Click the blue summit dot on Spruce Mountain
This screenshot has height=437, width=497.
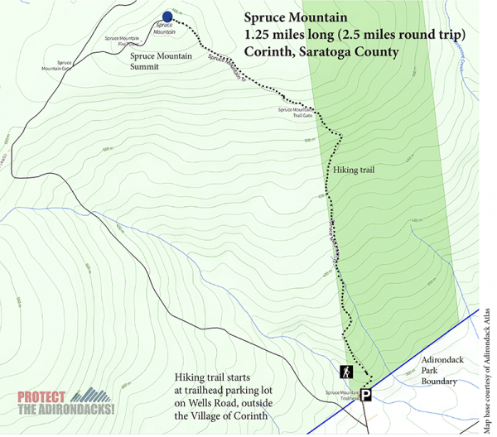click(x=167, y=17)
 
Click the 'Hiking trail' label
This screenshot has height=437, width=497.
click(x=355, y=170)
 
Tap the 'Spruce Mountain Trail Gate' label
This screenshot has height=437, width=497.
click(x=297, y=113)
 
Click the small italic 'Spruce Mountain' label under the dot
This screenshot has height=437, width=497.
click(x=164, y=30)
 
